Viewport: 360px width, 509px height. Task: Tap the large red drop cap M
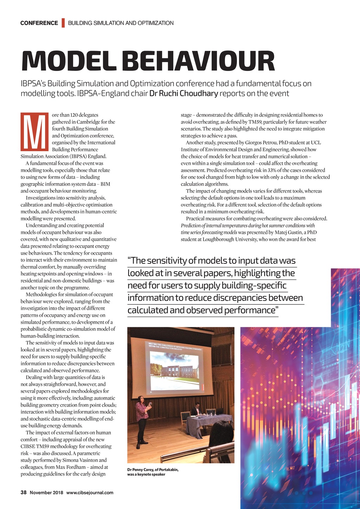[34, 131]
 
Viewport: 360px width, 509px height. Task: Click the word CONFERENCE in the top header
[39, 23]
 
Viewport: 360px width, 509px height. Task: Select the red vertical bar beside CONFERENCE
[63, 23]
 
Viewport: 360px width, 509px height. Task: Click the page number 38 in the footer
[24, 492]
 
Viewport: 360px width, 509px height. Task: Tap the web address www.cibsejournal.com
[90, 492]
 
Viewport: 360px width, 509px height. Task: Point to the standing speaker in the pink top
[142, 420]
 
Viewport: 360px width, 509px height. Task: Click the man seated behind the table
[196, 410]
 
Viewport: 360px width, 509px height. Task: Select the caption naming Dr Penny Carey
[153, 472]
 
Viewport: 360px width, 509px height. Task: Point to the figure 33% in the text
[272, 170]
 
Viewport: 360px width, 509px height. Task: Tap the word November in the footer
[41, 492]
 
